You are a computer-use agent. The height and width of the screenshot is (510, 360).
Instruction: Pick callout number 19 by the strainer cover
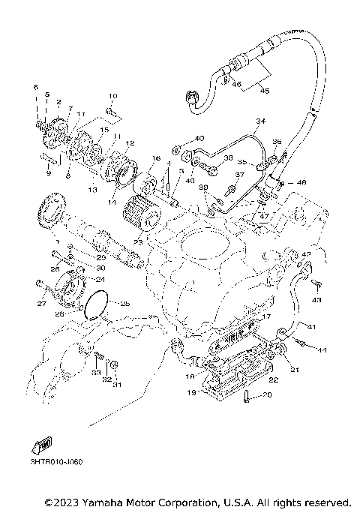191,391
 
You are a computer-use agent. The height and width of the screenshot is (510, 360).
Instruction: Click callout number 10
113,96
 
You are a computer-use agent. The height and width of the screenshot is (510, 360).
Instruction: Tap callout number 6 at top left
34,88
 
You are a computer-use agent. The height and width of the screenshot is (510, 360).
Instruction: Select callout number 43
316,300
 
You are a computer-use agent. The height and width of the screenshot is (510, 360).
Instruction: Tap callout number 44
322,350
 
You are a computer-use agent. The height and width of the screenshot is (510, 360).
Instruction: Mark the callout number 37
240,175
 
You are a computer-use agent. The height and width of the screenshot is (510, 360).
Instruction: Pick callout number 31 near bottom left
117,385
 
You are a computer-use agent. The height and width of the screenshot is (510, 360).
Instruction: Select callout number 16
156,158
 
